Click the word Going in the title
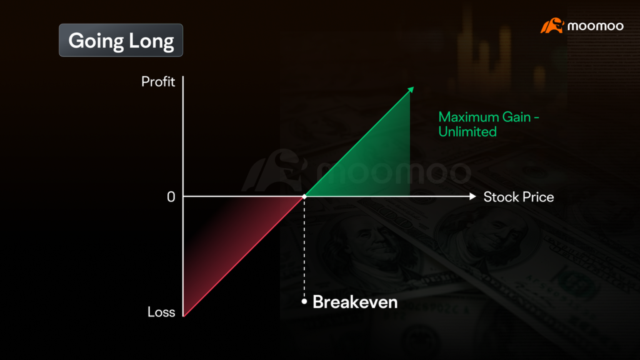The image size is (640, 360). [96, 41]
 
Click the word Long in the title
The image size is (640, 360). [151, 41]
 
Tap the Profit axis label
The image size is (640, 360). [158, 82]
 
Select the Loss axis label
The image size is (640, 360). [161, 312]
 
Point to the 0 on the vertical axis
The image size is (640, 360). [171, 197]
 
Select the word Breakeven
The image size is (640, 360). [355, 302]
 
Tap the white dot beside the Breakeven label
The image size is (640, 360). [304, 302]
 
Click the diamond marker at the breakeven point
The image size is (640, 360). [304, 197]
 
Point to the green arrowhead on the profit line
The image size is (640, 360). [411, 90]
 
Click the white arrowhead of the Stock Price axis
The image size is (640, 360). [472, 197]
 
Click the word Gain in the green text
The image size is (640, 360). [516, 117]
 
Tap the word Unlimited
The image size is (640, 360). [467, 132]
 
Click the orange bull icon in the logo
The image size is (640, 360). [552, 26]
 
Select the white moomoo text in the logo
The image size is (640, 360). [596, 26]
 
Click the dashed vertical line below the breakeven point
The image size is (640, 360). [304, 249]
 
